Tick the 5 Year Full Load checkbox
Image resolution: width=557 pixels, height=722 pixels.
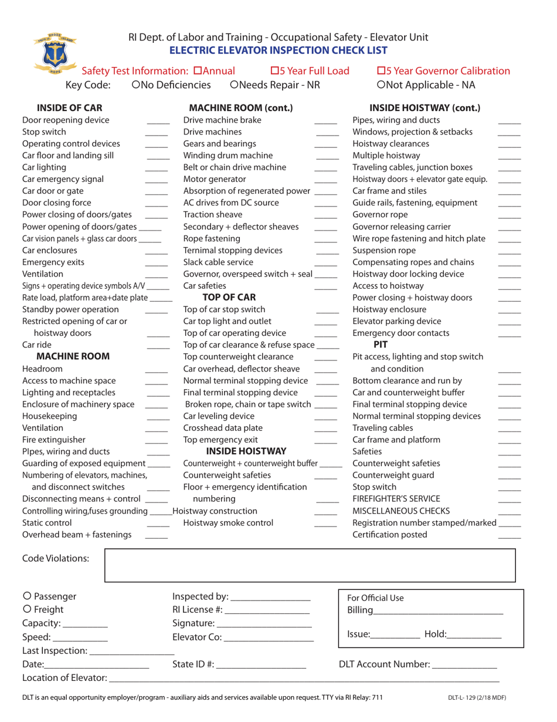(274, 71)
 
